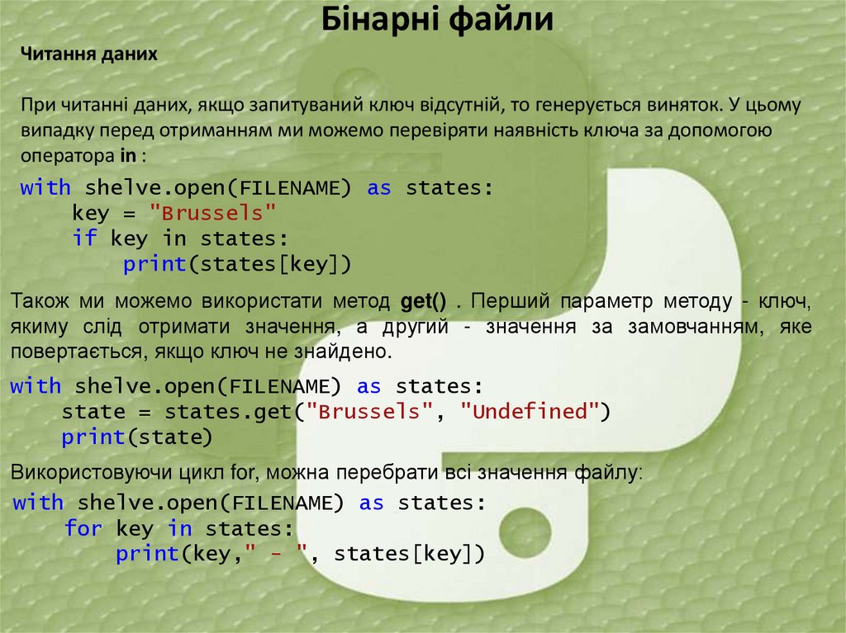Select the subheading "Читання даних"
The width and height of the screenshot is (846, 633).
pos(89,54)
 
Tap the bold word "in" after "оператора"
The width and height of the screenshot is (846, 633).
pos(127,155)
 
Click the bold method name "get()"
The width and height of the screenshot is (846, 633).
pos(423,300)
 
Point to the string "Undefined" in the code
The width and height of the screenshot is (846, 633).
pos(529,411)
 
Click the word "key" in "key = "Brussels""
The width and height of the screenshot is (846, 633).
pos(90,213)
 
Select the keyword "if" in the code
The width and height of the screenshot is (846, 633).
pos(84,239)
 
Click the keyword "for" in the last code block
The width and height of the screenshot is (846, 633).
pos(83,527)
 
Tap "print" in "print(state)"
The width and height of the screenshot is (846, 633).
pos(93,437)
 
